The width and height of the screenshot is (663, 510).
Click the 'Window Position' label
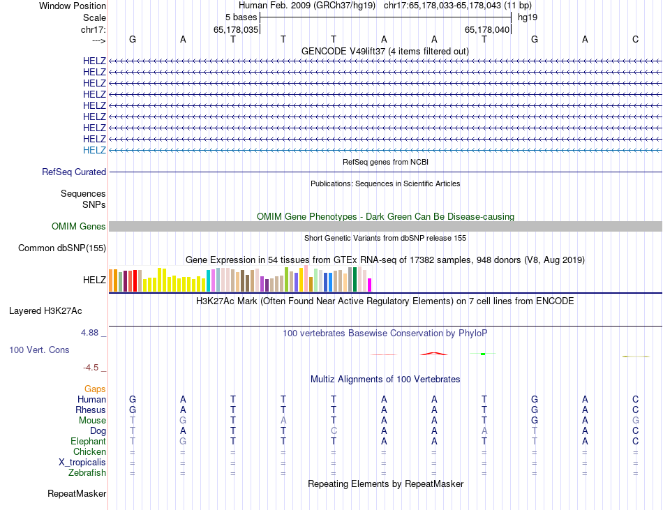(73, 6)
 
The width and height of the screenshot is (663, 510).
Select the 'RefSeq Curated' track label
(74, 172)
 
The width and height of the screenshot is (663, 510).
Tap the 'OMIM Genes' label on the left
(79, 226)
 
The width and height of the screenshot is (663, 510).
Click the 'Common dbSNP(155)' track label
(62, 248)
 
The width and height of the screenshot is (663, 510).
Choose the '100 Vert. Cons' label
(39, 350)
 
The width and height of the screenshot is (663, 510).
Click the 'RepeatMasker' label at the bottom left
(77, 494)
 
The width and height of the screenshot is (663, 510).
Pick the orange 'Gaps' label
(95, 389)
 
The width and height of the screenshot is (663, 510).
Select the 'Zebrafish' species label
(88, 473)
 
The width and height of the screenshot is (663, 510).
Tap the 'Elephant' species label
(88, 442)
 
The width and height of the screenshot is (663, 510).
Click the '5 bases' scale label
(241, 17)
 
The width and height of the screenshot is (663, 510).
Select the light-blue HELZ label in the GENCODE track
(94, 150)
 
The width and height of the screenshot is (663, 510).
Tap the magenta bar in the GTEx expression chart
(370, 285)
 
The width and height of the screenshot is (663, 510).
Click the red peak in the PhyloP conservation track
(434, 353)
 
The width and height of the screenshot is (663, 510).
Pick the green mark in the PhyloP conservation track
(482, 354)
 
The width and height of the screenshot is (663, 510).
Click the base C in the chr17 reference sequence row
(636, 39)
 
